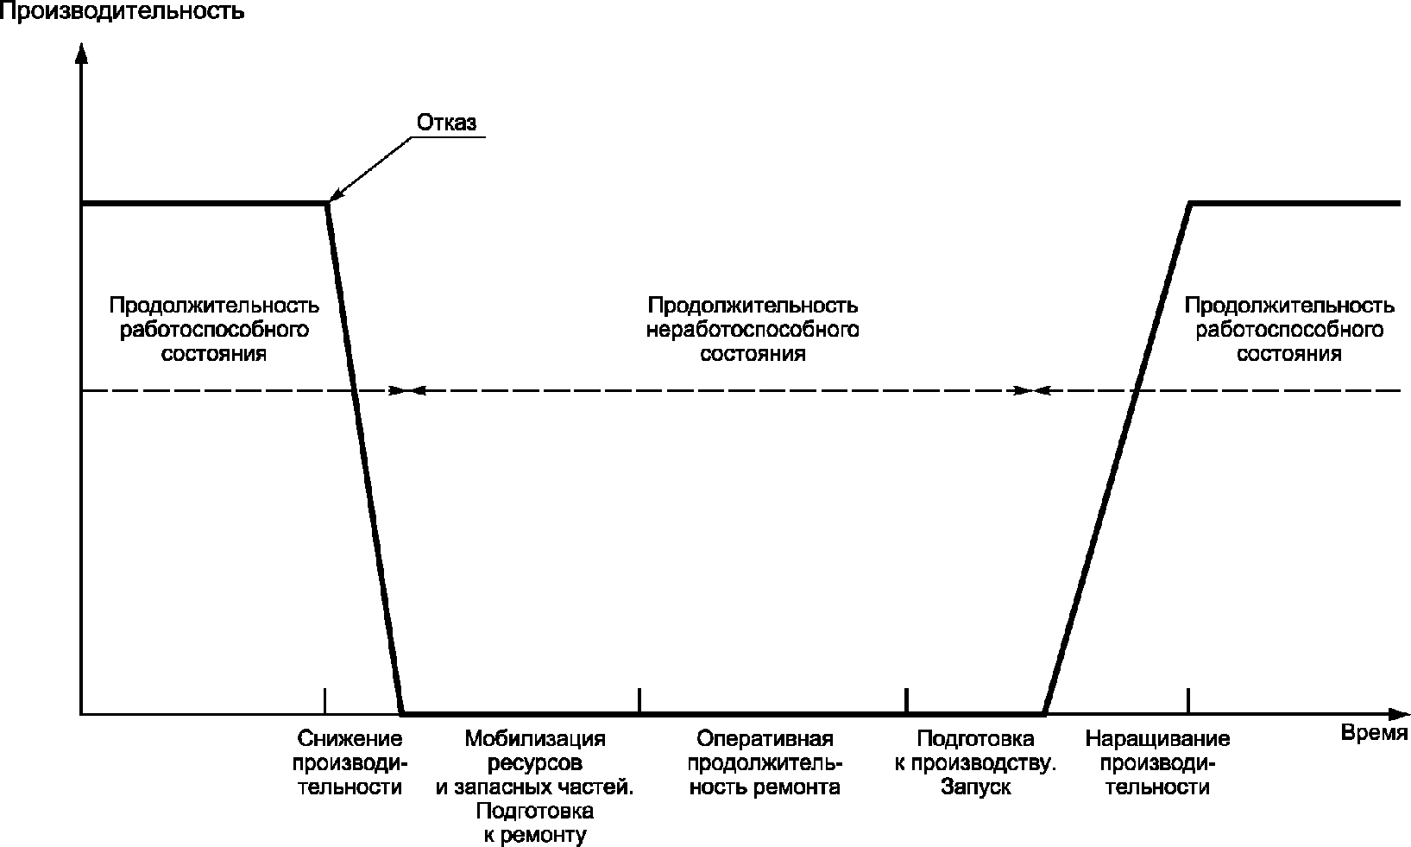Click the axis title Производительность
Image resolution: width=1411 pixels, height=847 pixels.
click(x=123, y=11)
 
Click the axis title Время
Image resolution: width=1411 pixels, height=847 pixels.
click(x=1374, y=733)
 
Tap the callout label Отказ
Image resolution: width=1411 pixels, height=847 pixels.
click(x=447, y=123)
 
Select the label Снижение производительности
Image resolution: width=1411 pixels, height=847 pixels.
click(x=350, y=762)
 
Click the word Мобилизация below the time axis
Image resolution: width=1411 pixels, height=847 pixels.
click(x=535, y=738)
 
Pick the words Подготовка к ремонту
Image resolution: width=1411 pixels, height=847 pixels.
click(x=535, y=823)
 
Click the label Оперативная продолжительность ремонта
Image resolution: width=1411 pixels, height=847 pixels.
click(x=765, y=762)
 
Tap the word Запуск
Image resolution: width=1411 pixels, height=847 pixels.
click(x=976, y=787)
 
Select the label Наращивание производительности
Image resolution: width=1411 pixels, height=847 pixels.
click(x=1158, y=762)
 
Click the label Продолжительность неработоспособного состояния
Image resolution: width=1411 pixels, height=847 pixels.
click(x=753, y=330)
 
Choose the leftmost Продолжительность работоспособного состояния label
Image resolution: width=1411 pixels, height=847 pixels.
click(x=214, y=330)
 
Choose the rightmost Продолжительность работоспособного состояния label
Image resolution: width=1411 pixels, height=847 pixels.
click(x=1289, y=330)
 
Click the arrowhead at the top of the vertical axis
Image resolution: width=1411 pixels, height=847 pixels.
click(x=81, y=52)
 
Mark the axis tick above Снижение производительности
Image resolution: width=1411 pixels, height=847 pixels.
click(x=324, y=701)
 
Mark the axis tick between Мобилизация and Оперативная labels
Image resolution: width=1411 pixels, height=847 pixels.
click(x=639, y=701)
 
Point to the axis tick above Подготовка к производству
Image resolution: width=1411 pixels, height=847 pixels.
click(x=906, y=701)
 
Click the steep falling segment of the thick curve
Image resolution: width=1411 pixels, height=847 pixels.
click(x=365, y=458)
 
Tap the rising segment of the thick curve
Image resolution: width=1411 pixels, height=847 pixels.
click(x=1117, y=458)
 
